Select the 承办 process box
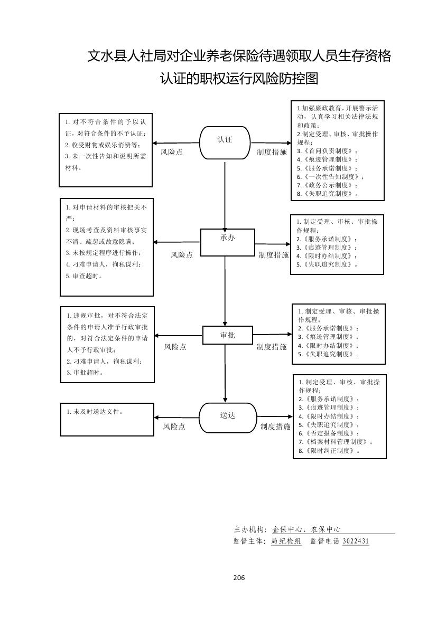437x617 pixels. pos(227,242)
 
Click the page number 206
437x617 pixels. pos(239,577)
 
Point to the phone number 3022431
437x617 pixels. pos(356,541)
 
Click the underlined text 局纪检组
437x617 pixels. pos(286,541)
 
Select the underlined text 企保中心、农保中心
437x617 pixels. pos(306,529)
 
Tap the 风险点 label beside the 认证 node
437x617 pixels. pos(172,152)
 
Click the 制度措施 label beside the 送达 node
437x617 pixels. pos(275,426)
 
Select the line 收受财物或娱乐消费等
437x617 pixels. pos(103,145)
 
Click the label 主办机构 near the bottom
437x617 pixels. pos(249,529)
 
